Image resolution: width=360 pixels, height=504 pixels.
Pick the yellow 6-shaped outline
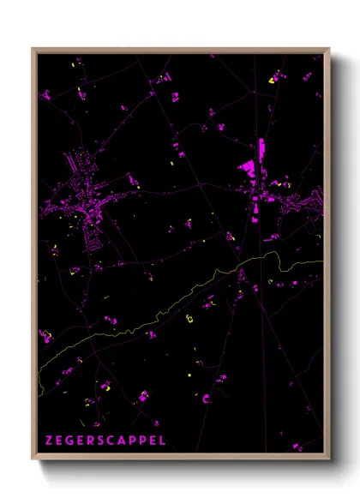point(189,319)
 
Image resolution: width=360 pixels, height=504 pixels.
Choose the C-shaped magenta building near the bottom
point(206,398)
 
